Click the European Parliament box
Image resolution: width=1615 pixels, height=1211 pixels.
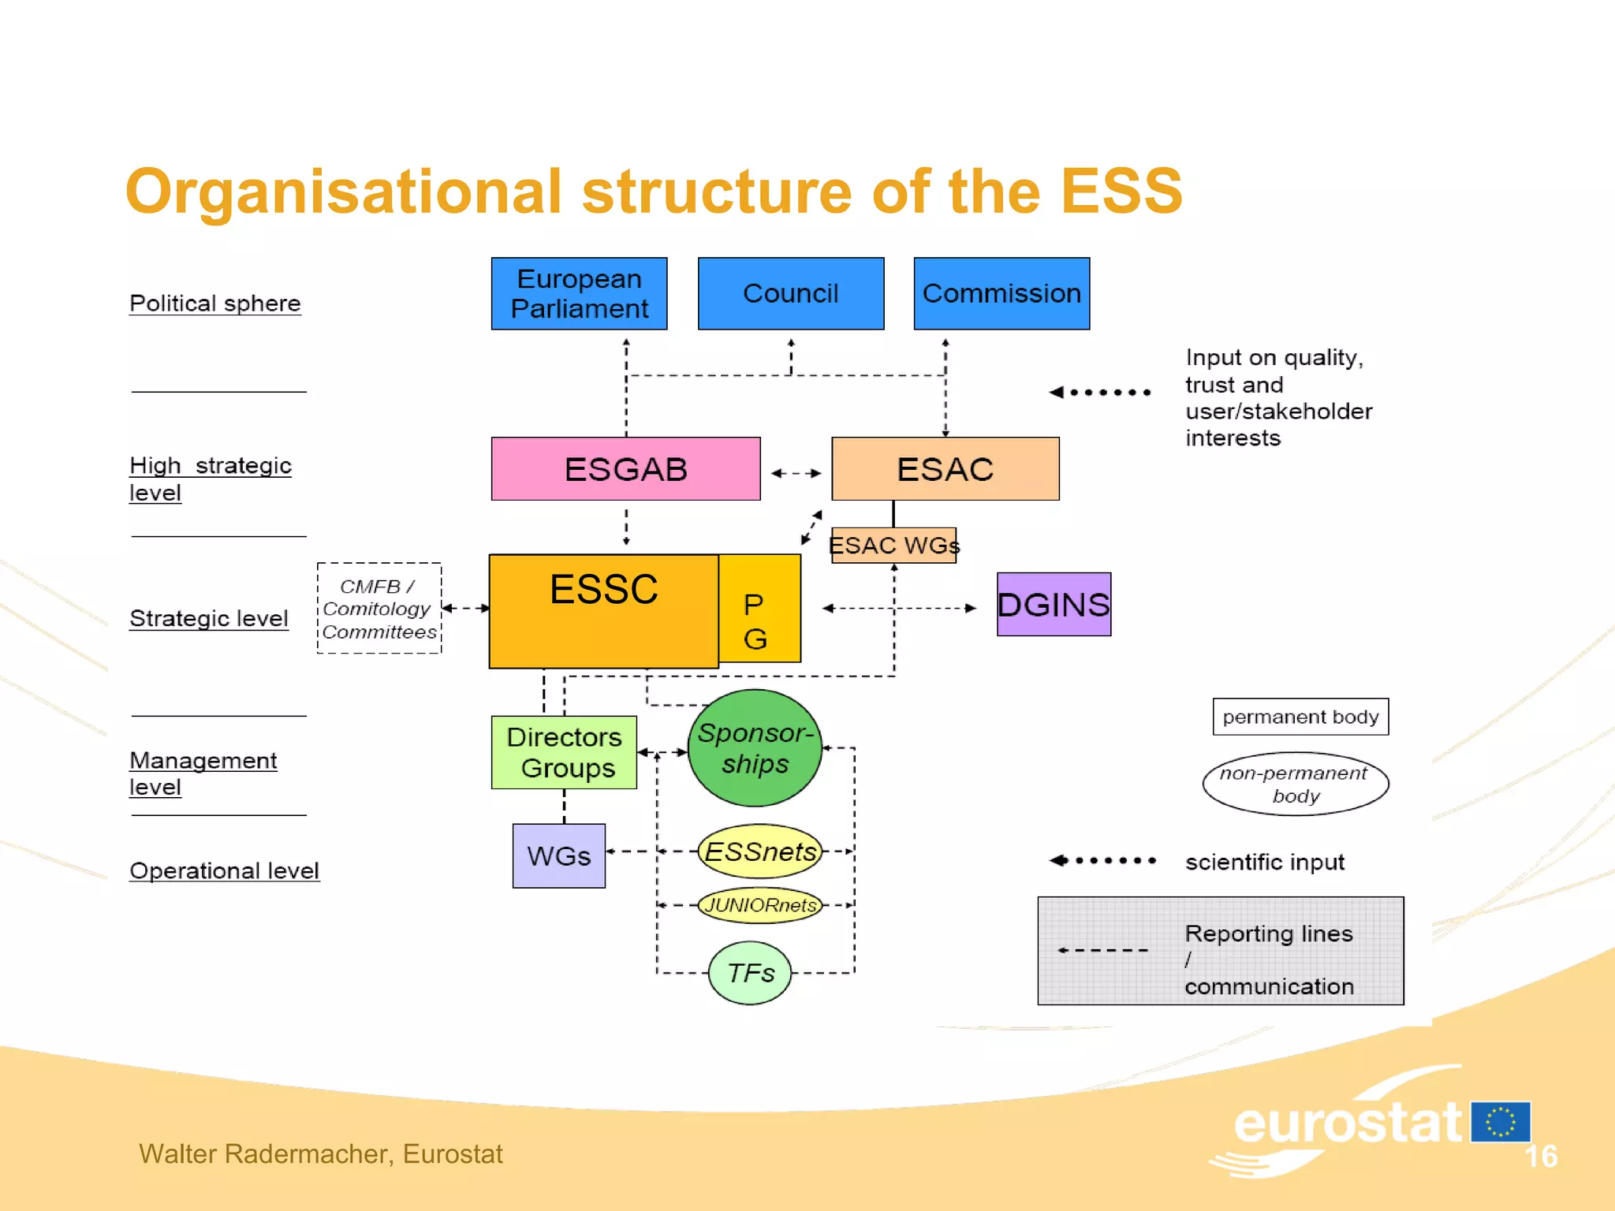[579, 293]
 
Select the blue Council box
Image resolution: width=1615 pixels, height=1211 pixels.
[790, 293]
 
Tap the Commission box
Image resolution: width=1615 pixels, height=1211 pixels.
[1001, 293]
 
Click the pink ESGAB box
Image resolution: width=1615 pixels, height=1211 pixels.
[625, 469]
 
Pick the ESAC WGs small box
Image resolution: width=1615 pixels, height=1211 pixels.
[893, 545]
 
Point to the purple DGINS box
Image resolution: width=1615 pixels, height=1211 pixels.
[1054, 605]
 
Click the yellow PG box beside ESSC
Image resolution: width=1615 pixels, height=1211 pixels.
[759, 609]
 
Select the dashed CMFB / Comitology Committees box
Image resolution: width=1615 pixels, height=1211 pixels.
[379, 609]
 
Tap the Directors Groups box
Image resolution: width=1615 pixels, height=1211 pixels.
[564, 752]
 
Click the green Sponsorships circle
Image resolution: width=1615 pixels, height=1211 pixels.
[755, 748]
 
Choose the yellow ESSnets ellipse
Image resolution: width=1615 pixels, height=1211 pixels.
[760, 851]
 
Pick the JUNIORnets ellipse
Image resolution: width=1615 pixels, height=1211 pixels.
[760, 905]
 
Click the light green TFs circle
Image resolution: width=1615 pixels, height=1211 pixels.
[750, 973]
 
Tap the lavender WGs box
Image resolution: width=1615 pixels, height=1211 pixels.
[558, 856]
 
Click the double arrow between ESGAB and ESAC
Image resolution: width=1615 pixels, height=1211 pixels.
[796, 473]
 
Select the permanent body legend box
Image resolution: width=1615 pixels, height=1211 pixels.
[1300, 717]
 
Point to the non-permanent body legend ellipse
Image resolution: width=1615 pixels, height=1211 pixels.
[1295, 784]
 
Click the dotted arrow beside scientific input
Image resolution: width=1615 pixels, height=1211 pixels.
[1102, 860]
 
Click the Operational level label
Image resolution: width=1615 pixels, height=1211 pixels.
[224, 870]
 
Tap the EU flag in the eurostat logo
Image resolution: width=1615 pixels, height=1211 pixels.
[1501, 1122]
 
